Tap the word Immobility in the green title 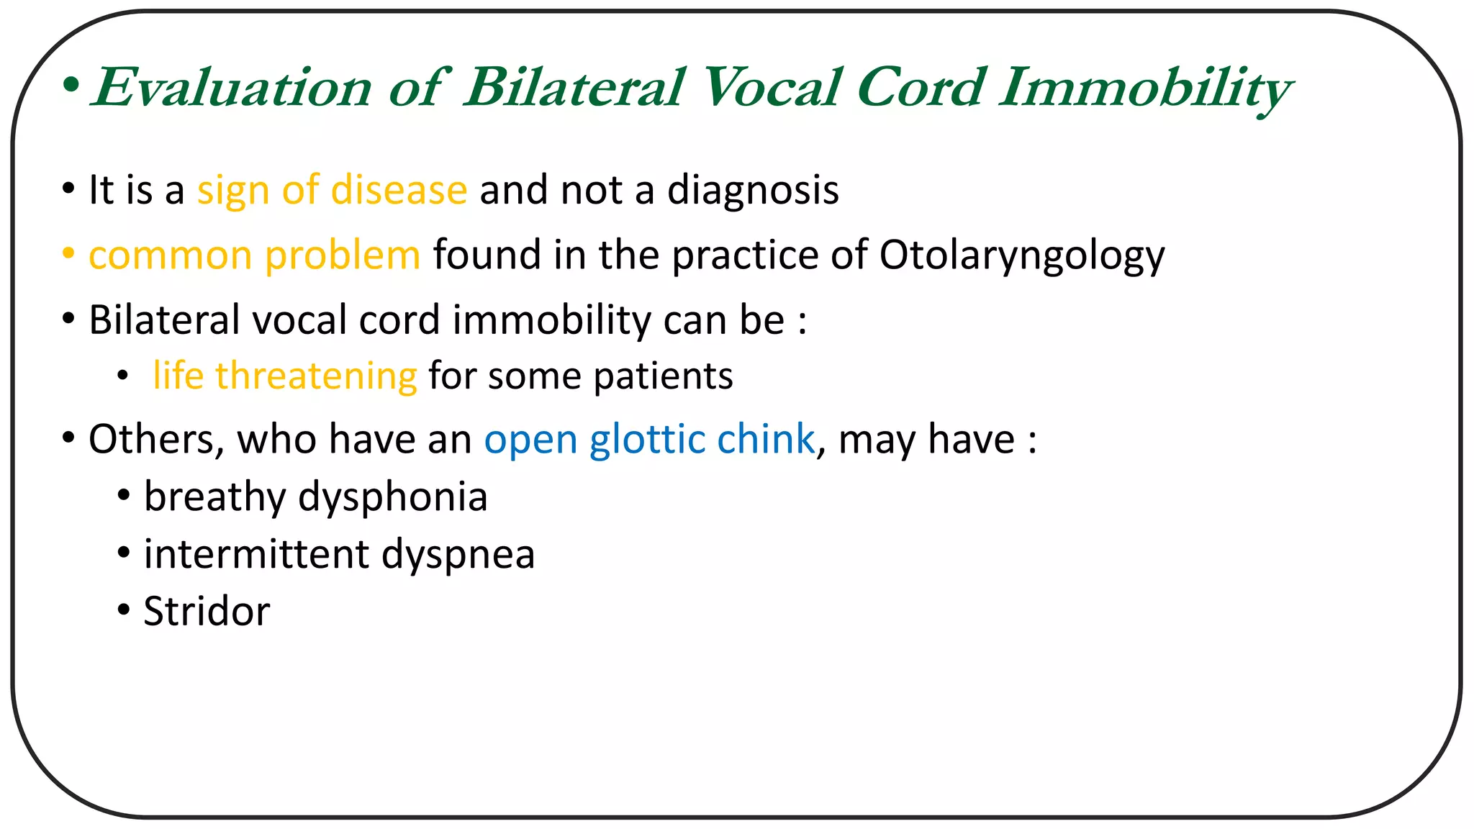(1144, 88)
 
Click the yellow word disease (399, 191)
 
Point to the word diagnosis (753, 191)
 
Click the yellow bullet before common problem (68, 254)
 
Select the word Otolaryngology (1021, 256)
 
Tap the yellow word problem (342, 256)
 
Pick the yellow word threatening (316, 376)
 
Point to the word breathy (215, 497)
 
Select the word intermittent (256, 554)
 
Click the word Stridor (207, 612)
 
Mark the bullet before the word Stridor (124, 610)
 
